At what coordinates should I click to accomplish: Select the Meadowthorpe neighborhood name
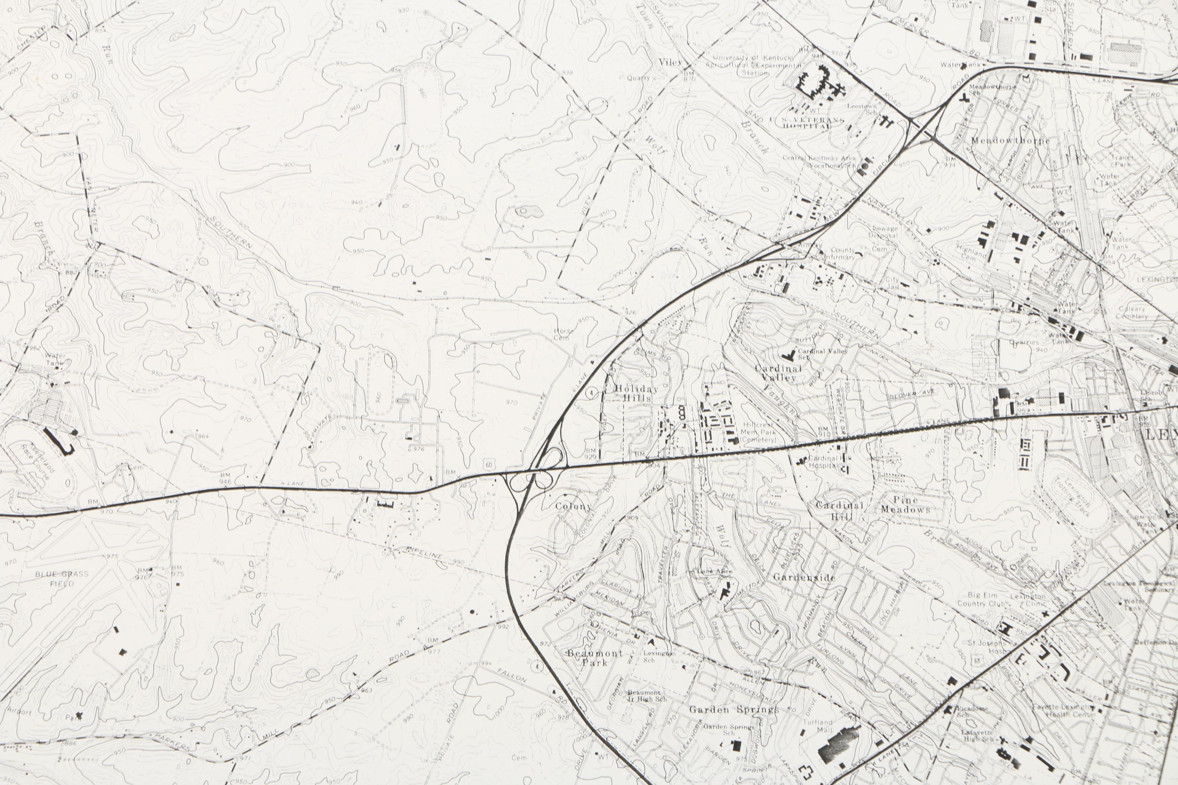click(x=1010, y=141)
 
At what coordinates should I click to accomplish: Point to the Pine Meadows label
click(x=905, y=504)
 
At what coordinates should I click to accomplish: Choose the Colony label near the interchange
click(x=573, y=506)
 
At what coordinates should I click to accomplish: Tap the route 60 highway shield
click(x=488, y=465)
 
